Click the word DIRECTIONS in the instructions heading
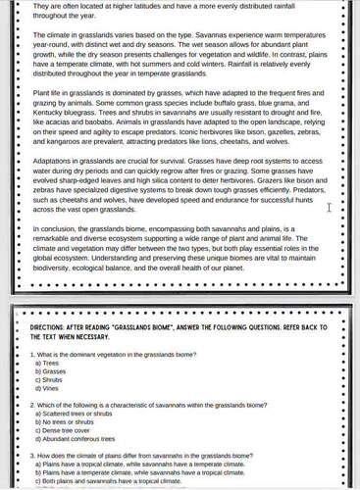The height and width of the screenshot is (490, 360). click(x=48, y=329)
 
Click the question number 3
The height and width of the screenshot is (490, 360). click(x=33, y=456)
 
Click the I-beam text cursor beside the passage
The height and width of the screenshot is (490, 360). click(x=330, y=207)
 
